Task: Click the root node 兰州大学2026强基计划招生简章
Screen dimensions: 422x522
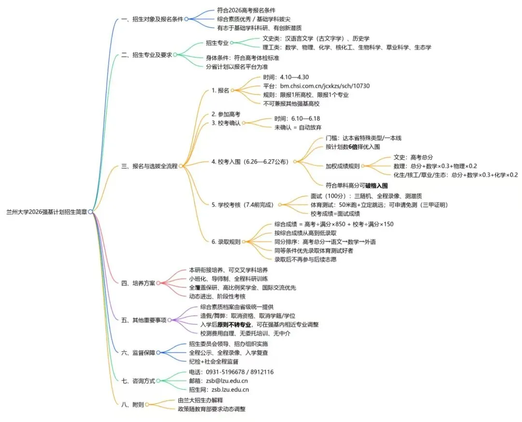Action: [x=47, y=211]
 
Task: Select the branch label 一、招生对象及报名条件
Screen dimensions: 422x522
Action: [x=152, y=19]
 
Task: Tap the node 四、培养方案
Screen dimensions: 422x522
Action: [x=138, y=283]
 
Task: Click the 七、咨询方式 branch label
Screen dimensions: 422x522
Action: [x=138, y=381]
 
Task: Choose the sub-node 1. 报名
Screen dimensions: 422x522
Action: [x=220, y=90]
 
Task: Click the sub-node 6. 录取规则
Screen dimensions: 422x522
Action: [x=226, y=241]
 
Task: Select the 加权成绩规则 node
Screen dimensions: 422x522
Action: [x=343, y=166]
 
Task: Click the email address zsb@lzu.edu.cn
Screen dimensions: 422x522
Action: [x=227, y=381]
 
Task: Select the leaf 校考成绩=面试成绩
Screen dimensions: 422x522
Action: [x=335, y=213]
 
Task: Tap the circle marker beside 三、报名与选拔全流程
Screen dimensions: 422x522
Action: [x=181, y=166]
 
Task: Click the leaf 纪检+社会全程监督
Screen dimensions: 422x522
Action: [x=214, y=361]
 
